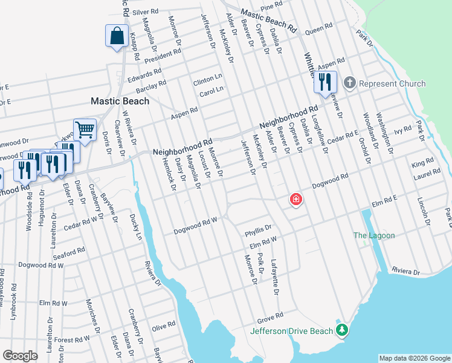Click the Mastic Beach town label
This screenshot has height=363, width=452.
pos(120,101)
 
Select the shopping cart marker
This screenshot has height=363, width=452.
pos(85,129)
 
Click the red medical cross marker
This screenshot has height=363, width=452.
pos(296,199)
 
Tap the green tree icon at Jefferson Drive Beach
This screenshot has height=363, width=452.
pos(342,330)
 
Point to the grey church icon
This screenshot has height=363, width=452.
pos(349,83)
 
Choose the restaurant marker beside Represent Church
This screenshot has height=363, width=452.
pos(325,82)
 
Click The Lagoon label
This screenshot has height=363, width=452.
pos(374,235)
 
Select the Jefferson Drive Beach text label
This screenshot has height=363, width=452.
pos(292,331)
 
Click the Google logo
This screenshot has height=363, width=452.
pos(20,356)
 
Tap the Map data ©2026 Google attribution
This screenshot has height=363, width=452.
pos(414,358)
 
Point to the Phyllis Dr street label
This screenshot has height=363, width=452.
pos(259,231)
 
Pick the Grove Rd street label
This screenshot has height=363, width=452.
pos(270,316)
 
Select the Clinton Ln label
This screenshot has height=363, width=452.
pos(208,80)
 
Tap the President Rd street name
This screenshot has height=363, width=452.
pos(162,56)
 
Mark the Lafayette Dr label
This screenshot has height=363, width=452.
pos(276,277)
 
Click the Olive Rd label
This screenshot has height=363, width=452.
pos(163,327)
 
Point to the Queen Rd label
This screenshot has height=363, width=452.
pos(319,28)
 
